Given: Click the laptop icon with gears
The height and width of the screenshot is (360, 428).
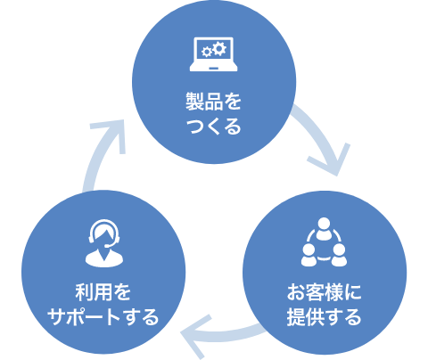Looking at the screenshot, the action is (x=213, y=54).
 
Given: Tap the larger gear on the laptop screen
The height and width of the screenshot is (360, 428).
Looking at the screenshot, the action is (x=219, y=49).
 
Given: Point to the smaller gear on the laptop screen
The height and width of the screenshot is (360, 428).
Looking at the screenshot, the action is (x=206, y=52).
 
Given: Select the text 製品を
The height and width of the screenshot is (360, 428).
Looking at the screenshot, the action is (x=213, y=102).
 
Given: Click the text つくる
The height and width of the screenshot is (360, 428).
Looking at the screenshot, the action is (x=213, y=127).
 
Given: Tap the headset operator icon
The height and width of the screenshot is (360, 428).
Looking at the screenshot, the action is (x=104, y=243).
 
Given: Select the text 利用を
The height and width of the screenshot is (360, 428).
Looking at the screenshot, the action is (x=103, y=292).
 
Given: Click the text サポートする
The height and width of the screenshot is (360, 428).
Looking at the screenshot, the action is (x=103, y=317).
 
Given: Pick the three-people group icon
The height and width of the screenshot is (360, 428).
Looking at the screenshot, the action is (x=324, y=242).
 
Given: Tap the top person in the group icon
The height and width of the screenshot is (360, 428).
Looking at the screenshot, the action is (x=324, y=228).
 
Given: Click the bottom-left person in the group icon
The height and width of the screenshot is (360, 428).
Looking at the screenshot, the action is (x=309, y=255).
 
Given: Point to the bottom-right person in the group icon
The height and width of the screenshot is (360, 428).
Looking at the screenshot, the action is (x=339, y=255).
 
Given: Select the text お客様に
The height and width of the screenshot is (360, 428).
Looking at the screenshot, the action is (x=324, y=292).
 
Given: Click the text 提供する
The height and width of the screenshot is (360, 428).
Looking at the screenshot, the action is (x=324, y=317).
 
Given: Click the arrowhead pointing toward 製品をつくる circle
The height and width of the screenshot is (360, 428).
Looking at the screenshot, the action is (x=114, y=131).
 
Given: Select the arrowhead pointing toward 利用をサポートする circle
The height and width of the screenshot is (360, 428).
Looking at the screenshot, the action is (x=194, y=336).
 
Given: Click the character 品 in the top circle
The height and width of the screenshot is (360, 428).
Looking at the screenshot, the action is (x=213, y=102).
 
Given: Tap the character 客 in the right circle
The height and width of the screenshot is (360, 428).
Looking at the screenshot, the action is (x=315, y=292).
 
